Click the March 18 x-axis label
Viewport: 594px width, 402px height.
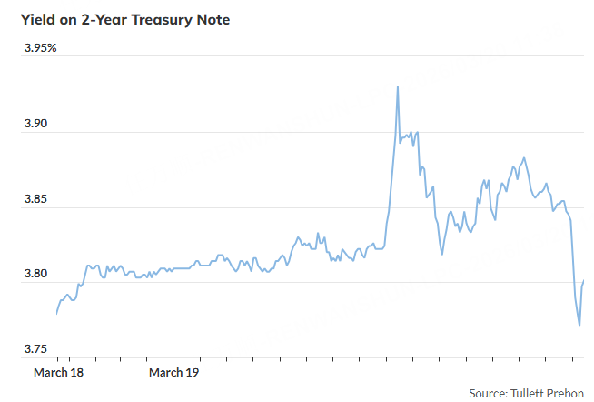click(58, 373)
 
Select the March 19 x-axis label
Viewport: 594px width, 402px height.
click(173, 373)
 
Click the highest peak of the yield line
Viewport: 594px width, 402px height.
click(398, 87)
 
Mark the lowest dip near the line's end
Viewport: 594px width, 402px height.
click(579, 325)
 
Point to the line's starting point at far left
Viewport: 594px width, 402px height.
click(56, 314)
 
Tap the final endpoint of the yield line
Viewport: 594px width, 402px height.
click(583, 280)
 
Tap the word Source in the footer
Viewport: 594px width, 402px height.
click(489, 393)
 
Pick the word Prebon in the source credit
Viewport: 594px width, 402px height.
click(570, 393)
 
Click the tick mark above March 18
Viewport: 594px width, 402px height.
click(70, 361)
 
